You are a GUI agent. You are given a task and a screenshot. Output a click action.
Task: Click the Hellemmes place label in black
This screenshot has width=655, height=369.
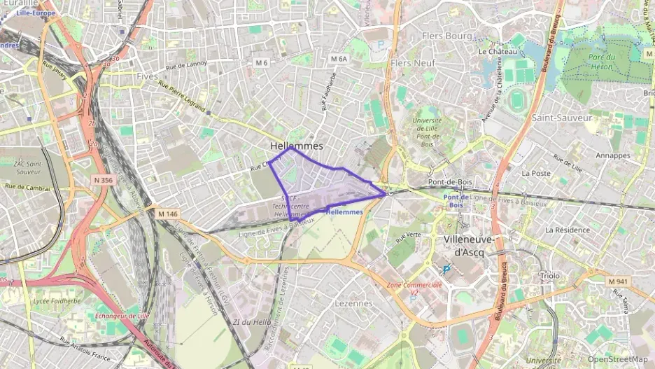pos(297,146)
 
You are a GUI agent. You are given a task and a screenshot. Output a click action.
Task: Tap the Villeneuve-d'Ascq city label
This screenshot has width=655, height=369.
pos(468,245)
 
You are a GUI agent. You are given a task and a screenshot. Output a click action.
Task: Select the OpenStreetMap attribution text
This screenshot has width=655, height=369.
pos(617,359)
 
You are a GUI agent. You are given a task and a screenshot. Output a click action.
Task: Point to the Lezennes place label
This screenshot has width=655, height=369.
pos(354,303)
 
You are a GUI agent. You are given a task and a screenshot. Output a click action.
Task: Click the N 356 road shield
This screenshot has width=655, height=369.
pos(102,180)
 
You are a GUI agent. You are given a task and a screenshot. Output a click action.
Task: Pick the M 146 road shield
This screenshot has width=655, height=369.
pos(168,214)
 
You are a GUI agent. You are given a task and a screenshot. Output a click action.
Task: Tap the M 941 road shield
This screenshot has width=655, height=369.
pos(617,281)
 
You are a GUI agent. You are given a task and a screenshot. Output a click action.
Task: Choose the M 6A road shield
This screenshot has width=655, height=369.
pos(339,60)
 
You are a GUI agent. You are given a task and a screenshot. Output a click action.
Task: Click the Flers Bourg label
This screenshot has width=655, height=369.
pos(447,35)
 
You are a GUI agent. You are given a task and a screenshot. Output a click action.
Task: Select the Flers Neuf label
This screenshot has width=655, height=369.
pos(413,63)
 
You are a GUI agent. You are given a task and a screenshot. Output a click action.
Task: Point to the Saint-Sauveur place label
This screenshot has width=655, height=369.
pos(562,118)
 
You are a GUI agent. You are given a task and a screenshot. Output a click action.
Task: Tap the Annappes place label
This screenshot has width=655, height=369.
pos(613,155)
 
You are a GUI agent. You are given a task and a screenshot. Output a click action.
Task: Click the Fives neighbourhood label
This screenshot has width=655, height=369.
pos(148,76)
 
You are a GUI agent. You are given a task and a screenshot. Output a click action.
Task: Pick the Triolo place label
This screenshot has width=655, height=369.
pos(550,275)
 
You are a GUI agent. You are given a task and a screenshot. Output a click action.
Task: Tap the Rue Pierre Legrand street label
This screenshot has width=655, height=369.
pos(182,97)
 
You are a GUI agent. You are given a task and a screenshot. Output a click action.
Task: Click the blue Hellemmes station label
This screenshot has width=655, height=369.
pos(344,211)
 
